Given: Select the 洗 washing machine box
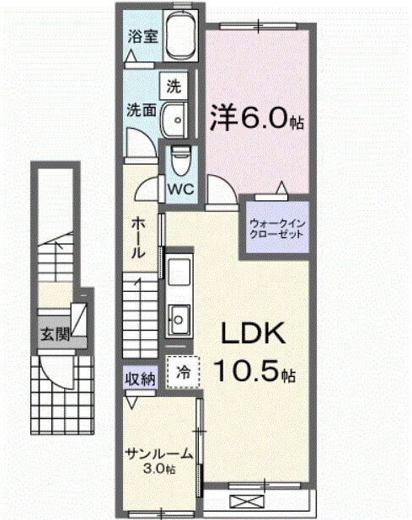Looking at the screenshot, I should click(174, 86).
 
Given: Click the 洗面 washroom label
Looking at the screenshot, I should click(141, 109).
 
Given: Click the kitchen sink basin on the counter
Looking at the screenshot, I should click(178, 317).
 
